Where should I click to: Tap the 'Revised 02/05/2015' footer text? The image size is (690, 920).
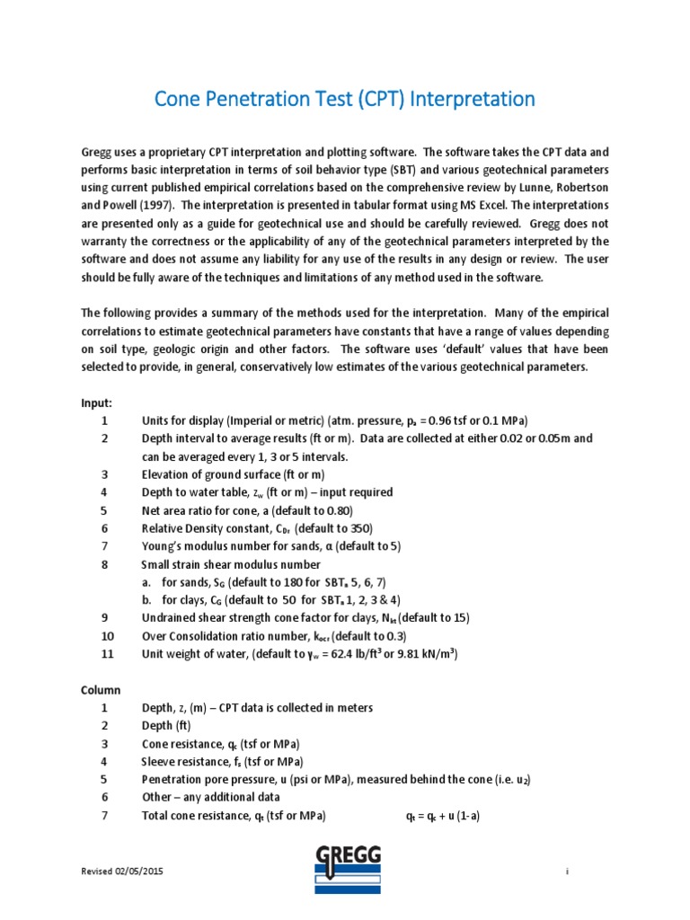[122, 872]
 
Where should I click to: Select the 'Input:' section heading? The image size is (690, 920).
[97, 403]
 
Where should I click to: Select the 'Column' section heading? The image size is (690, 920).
[101, 689]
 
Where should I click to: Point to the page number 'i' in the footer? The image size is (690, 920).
[568, 872]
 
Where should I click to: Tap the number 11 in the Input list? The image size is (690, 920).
[107, 654]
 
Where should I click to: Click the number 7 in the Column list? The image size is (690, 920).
[104, 816]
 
